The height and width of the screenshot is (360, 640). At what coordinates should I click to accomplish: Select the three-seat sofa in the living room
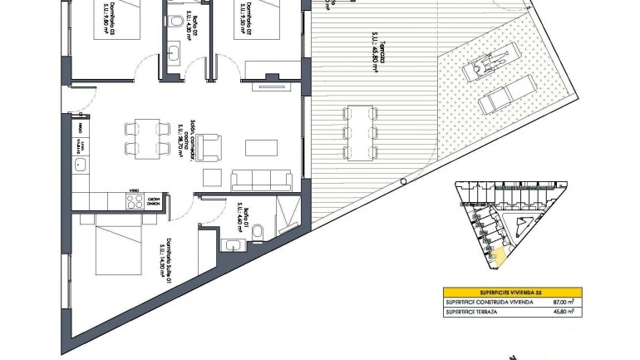[259, 178]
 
